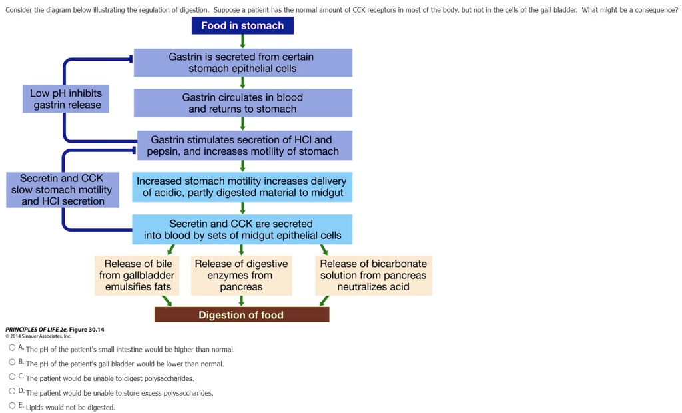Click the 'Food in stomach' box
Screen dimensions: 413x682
(242, 25)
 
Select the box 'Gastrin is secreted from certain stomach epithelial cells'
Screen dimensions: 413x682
(242, 63)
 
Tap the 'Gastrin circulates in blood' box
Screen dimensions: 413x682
(242, 103)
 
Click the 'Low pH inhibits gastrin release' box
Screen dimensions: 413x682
(67, 99)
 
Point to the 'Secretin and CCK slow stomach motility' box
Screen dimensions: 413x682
(63, 190)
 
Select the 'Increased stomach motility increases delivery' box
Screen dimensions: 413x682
(242, 187)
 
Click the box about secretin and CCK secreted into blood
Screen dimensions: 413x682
(242, 230)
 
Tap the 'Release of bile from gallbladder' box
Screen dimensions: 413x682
(137, 276)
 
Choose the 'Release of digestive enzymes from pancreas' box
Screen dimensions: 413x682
(241, 276)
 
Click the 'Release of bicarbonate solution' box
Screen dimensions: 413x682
(373, 276)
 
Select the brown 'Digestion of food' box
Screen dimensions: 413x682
(241, 315)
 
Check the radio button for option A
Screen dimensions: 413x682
(12, 348)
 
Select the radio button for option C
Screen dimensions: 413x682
(12, 377)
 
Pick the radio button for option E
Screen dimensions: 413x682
(12, 406)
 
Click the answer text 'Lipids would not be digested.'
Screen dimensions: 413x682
(71, 408)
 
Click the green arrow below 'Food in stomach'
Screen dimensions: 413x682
(242, 41)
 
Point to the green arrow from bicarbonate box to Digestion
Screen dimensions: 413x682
(324, 301)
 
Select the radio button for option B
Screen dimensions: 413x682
(12, 362)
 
